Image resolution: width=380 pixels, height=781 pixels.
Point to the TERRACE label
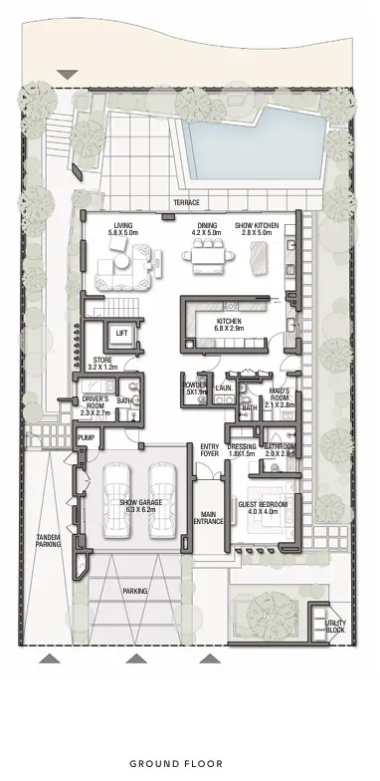pyautogui.click(x=187, y=202)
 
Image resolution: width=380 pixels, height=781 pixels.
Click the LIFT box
pyautogui.click(x=122, y=333)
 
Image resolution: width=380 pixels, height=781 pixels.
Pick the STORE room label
pyautogui.click(x=102, y=363)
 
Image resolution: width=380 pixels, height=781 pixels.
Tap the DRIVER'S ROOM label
pyautogui.click(x=95, y=404)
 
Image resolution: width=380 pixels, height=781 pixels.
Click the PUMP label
pyautogui.click(x=87, y=437)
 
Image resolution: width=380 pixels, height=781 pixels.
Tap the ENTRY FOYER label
pyautogui.click(x=210, y=448)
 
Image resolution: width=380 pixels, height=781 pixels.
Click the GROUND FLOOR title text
pyautogui.click(x=189, y=763)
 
